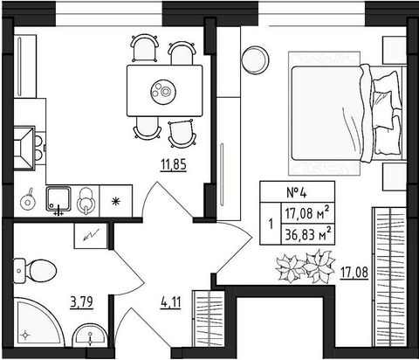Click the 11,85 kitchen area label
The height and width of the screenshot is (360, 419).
[174, 165]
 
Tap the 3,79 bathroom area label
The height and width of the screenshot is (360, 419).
[82, 302]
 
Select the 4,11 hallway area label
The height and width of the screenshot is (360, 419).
[170, 303]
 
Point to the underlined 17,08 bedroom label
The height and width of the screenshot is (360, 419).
[354, 273]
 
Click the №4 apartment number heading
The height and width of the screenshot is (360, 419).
[297, 192]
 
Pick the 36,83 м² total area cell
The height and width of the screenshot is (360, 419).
[308, 234]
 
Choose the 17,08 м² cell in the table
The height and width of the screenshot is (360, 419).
[308, 213]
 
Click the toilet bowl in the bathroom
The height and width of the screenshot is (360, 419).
[35, 271]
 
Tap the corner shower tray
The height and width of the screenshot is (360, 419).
[38, 322]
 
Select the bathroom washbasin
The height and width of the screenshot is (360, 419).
[89, 335]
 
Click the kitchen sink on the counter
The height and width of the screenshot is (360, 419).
[58, 199]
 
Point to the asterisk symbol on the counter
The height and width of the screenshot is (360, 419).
[116, 202]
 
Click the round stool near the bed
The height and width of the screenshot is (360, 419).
[256, 60]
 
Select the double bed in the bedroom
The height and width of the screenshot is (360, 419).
[347, 114]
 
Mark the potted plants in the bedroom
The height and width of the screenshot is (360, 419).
[305, 267]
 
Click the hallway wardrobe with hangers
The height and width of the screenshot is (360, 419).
[209, 318]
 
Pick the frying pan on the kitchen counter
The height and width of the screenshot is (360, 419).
[28, 200]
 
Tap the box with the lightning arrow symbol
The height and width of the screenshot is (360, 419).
[91, 236]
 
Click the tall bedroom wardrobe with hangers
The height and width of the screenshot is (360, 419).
[389, 277]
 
